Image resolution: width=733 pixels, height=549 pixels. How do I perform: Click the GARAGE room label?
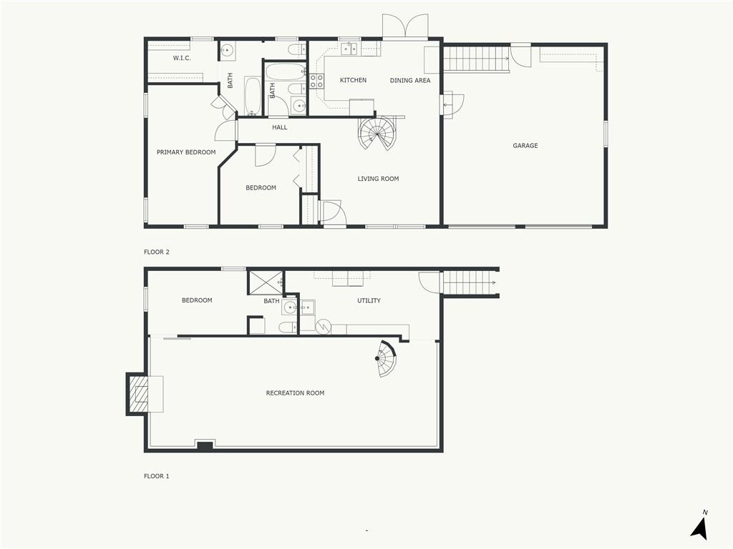point(525,146)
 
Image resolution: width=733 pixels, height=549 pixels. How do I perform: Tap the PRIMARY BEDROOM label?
point(186,152)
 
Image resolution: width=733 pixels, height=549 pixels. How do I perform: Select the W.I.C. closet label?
point(182,59)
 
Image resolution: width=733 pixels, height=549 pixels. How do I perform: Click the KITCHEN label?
point(353,80)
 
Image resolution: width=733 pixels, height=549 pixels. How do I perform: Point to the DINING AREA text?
point(410,80)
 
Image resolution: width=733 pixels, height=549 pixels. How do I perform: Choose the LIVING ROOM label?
point(378,179)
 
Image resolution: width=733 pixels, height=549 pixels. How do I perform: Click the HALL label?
point(280,127)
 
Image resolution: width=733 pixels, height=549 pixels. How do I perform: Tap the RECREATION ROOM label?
point(295,393)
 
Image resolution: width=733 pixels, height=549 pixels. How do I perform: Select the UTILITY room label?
point(369,301)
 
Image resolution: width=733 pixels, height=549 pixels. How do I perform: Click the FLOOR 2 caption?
point(157,252)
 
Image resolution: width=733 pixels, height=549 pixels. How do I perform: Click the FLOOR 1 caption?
point(157,476)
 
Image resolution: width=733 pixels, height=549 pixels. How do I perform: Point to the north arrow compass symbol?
point(700,527)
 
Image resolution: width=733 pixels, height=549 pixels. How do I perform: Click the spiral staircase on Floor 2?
point(377,133)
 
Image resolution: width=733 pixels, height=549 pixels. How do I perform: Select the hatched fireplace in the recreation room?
point(137,394)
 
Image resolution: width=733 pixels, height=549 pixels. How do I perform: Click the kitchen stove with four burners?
point(316,81)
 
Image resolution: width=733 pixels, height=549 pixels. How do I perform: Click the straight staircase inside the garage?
point(476,59)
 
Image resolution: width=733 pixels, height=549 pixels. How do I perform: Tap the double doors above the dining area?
point(405,26)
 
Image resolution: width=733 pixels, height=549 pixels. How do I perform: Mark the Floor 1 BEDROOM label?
point(197,300)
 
